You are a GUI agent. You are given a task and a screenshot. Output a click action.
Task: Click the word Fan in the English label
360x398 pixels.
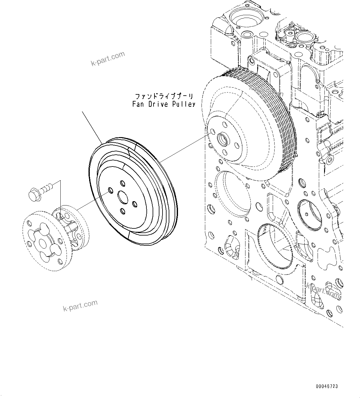coord(137,104)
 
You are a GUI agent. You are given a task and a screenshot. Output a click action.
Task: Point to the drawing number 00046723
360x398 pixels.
coord(327,387)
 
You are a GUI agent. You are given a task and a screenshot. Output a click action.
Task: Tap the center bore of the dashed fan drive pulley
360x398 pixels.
coord(223,139)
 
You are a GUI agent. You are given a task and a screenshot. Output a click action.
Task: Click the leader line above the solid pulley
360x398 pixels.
coord(93,127)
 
